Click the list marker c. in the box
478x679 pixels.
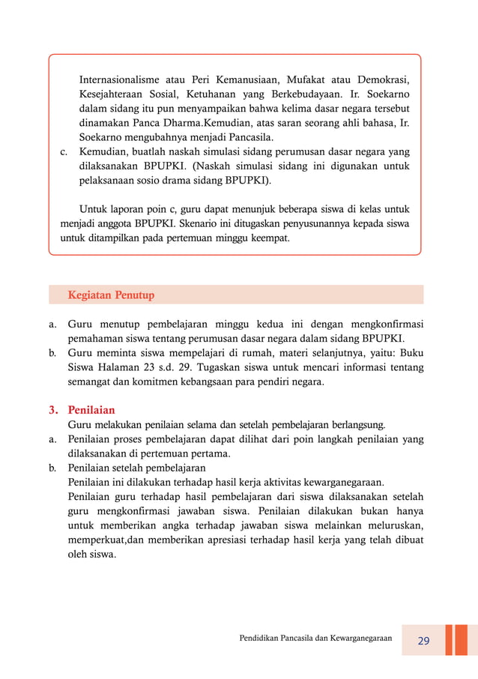pos(64,152)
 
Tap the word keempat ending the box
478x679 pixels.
pos(267,238)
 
